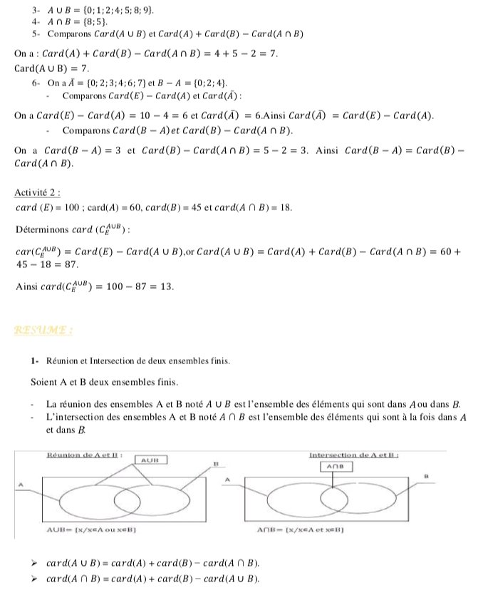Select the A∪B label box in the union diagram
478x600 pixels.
150,460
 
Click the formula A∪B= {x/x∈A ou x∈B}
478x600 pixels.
90,529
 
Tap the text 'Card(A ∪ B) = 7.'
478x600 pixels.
51,68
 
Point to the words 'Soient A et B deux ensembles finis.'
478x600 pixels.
98,381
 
